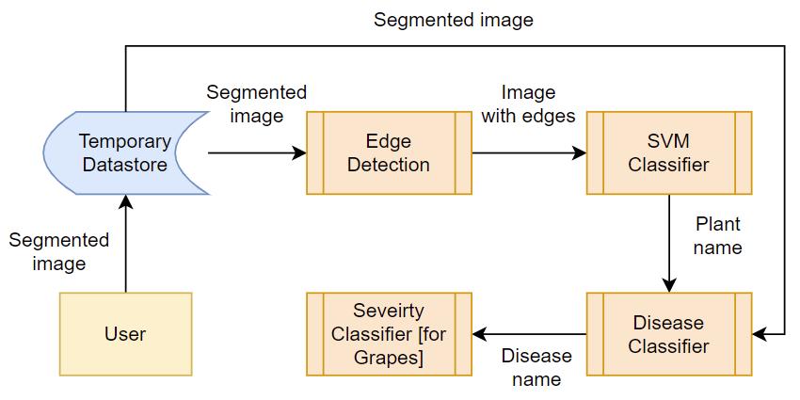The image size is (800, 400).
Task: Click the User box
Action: click(125, 334)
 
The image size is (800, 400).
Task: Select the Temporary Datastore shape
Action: click(125, 152)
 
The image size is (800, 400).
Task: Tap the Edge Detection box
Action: click(389, 152)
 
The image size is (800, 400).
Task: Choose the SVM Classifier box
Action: click(668, 152)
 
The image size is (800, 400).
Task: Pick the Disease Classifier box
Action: click(668, 334)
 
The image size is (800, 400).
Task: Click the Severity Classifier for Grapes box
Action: click(389, 334)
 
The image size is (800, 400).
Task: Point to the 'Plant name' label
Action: click(717, 236)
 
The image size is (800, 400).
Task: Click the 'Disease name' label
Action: click(536, 368)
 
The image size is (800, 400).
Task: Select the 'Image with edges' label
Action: click(527, 104)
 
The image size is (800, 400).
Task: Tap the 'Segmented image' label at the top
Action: click(454, 20)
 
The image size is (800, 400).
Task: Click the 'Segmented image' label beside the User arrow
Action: click(58, 252)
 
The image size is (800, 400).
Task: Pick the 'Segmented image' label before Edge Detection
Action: click(256, 104)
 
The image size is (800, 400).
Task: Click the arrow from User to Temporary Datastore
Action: click(125, 245)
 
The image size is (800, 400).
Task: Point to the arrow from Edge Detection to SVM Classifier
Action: click(527, 152)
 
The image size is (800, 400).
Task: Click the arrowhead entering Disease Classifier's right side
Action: click(760, 334)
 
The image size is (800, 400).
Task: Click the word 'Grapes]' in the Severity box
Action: click(389, 359)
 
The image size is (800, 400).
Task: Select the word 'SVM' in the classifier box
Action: click(668, 141)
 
